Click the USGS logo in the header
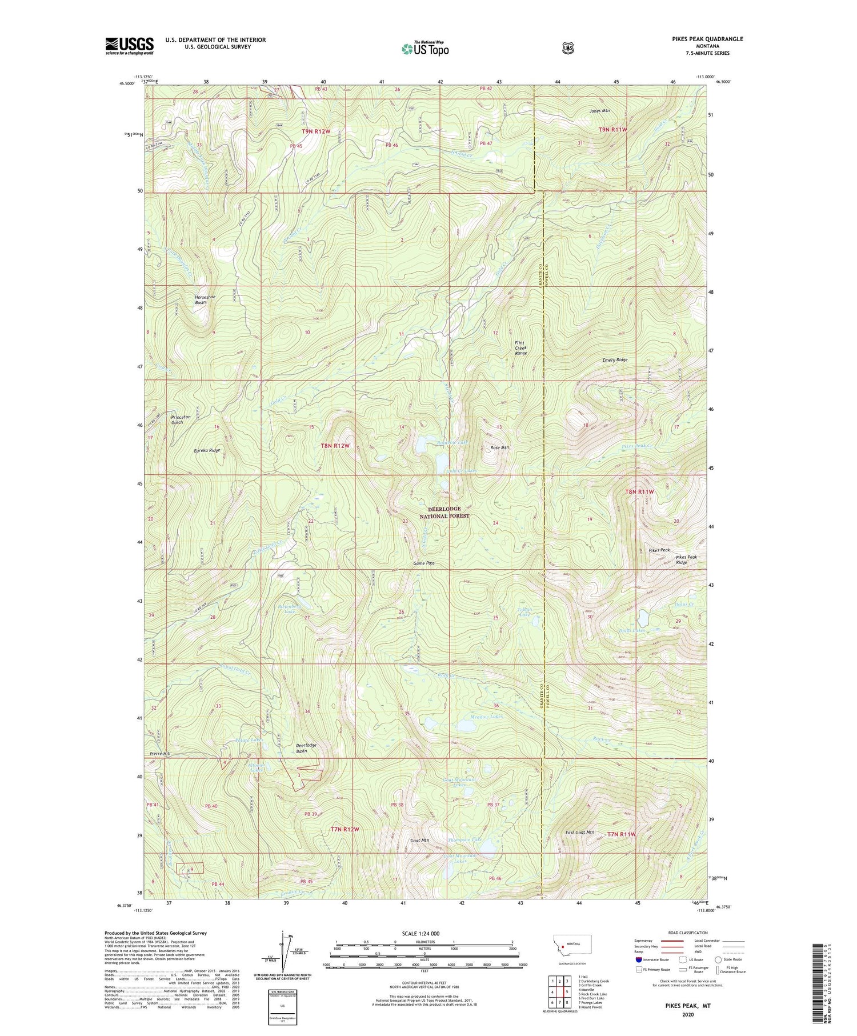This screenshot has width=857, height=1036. [x=129, y=46]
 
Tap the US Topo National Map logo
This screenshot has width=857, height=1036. [x=425, y=48]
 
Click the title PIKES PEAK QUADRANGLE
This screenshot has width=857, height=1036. [x=707, y=39]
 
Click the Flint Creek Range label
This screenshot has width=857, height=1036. [x=520, y=347]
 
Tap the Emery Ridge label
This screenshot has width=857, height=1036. [x=615, y=360]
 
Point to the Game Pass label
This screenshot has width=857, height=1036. [x=424, y=563]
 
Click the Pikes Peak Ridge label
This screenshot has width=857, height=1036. [x=686, y=559]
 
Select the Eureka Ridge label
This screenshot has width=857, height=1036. [x=206, y=450]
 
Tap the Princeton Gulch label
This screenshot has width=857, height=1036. [x=180, y=419]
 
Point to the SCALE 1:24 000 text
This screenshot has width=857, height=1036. [x=425, y=933]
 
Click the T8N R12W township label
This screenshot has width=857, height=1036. [x=334, y=445]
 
